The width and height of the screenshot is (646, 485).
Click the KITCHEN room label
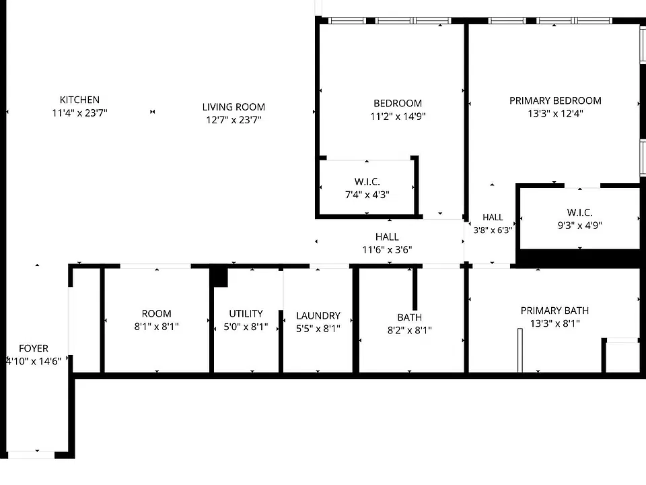(79, 100)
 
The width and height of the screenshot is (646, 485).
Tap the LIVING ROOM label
(234, 107)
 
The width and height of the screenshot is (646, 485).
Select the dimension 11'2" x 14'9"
(398, 117)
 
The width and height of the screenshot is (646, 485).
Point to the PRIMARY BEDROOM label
(555, 100)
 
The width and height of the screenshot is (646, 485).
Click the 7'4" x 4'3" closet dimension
(367, 194)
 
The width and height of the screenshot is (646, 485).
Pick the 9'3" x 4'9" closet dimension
(579, 225)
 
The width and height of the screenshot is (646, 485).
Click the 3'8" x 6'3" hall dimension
(493, 230)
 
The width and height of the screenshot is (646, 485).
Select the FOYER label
(34, 348)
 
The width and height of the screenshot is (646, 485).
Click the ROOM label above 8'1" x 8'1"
(157, 313)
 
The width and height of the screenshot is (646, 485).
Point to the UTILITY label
(246, 313)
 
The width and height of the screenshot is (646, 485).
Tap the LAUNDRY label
(318, 315)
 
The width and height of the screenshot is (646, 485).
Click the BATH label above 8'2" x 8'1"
(410, 317)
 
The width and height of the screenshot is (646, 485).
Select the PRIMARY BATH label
(554, 311)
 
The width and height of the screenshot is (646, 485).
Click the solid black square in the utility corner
(219, 277)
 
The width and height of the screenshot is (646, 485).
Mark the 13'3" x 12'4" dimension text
(555, 113)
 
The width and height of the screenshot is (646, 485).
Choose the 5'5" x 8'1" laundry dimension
(318, 328)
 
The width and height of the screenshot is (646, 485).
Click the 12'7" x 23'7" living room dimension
(234, 120)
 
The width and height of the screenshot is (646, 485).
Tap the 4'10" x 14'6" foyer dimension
(34, 361)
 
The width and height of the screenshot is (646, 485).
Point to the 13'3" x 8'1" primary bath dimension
(554, 323)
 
